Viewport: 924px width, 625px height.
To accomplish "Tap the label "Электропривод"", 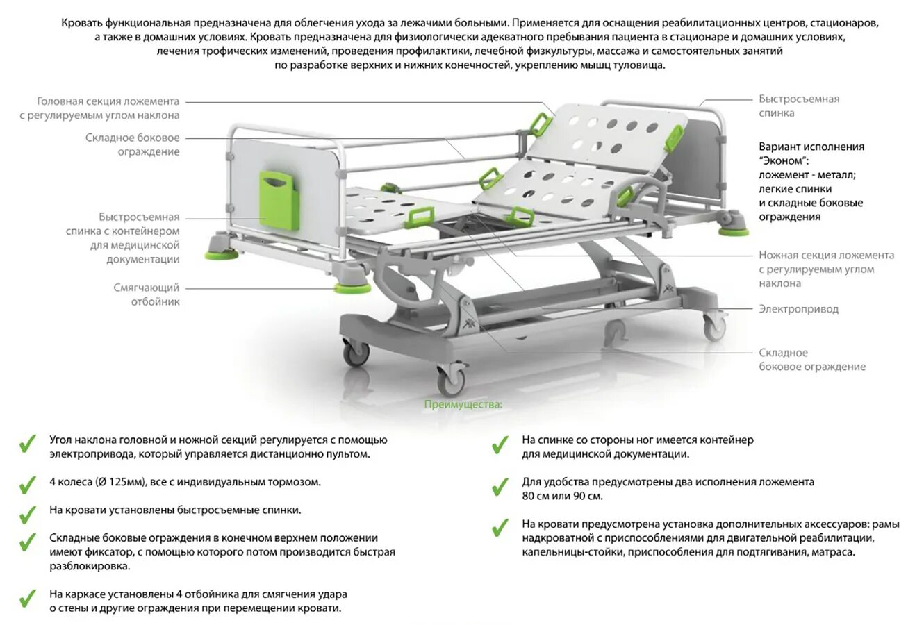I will (x=798, y=309).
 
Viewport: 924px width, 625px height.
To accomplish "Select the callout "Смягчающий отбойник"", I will (x=147, y=294).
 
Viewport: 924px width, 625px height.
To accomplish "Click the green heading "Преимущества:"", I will (x=463, y=403).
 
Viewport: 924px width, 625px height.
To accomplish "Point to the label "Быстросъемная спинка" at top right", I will (x=798, y=106).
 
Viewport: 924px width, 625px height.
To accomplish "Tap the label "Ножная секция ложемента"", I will (x=826, y=269).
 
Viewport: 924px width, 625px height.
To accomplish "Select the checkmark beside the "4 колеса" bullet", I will (x=28, y=485).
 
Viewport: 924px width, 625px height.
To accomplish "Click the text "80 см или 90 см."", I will (x=562, y=496).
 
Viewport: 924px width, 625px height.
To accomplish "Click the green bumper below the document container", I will (x=352, y=286).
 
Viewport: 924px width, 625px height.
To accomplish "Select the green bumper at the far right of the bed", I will (x=734, y=229).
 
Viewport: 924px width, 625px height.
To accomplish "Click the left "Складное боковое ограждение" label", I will (x=132, y=144).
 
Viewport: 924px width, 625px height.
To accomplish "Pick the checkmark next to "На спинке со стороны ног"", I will (x=500, y=445).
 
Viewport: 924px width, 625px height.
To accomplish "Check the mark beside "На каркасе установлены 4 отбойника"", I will (x=28, y=598).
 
